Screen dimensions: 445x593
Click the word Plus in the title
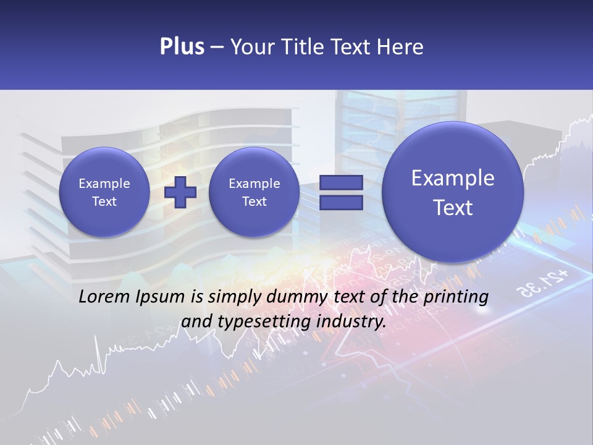pos(182,47)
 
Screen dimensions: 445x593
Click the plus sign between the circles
pos(180,192)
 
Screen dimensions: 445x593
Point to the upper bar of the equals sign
pos(340,182)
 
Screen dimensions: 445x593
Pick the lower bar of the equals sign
pos(340,203)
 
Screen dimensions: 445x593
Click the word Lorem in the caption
pos(104,297)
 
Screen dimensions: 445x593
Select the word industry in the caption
pos(354,322)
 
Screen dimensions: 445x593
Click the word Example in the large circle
pos(453,178)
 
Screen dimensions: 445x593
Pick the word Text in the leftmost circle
pos(104,201)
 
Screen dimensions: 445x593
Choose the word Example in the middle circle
pos(254,184)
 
